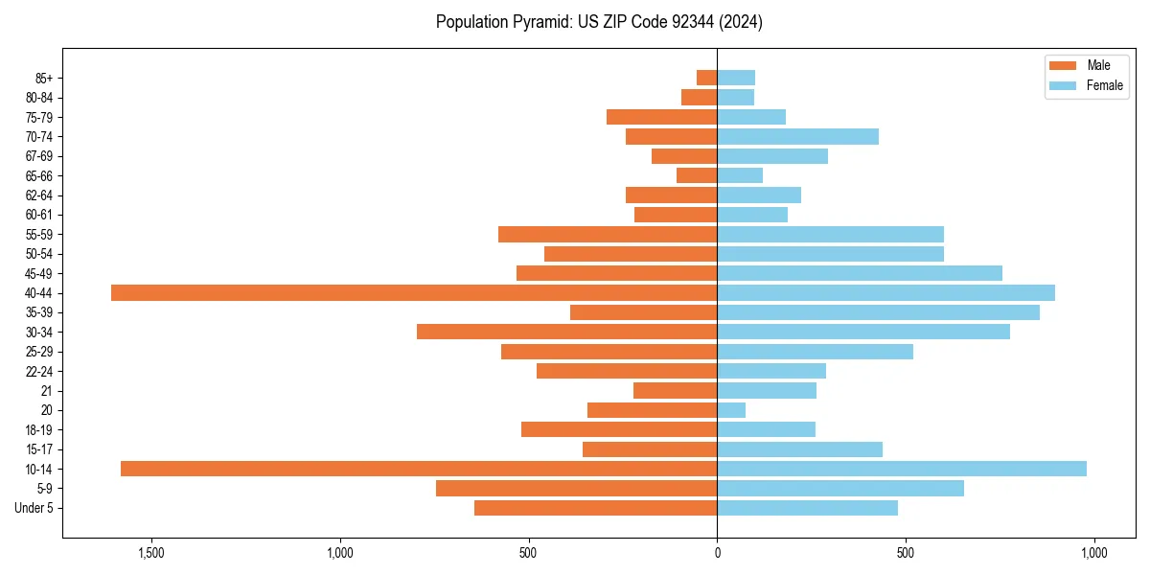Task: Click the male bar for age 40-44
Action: point(414,293)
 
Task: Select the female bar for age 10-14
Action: point(902,469)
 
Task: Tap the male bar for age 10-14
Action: point(419,469)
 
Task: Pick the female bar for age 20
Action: point(731,410)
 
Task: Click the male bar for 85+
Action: point(707,78)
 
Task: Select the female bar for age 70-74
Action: point(797,137)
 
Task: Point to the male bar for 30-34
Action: point(567,332)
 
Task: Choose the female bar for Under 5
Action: point(807,508)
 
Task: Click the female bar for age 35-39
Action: point(878,312)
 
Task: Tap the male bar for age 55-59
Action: point(608,235)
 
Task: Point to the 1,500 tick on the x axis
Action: point(151,553)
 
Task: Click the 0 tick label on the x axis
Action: point(717,553)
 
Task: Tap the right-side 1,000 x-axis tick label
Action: point(1093,553)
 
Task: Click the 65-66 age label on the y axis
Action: point(39,176)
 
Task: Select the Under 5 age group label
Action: point(34,508)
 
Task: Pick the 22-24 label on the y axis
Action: point(39,372)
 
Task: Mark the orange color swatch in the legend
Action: point(1063,65)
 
